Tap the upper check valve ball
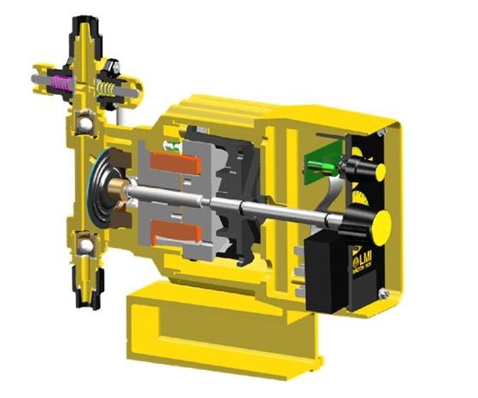click(86, 125)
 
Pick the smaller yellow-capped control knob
click(379, 171)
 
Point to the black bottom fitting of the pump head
click(86, 295)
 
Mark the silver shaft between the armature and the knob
click(282, 210)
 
